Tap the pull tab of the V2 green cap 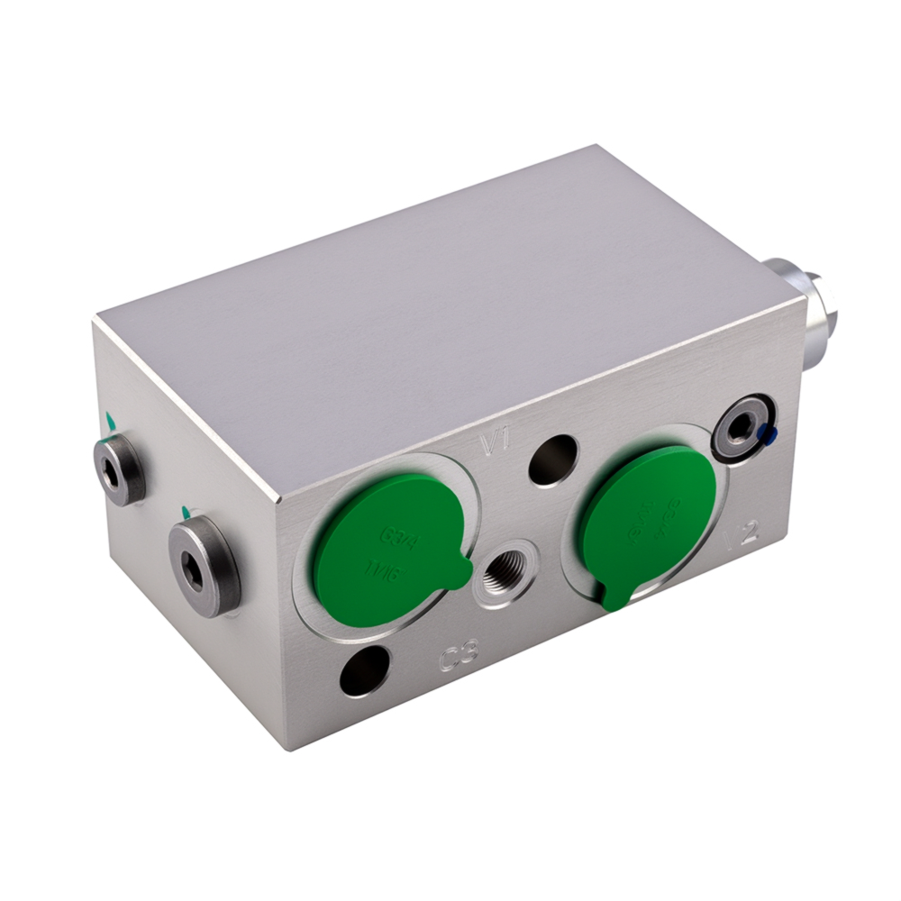(x=614, y=596)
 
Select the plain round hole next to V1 (x=553, y=459)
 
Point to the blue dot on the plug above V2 (x=767, y=435)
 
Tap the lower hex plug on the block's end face (x=204, y=565)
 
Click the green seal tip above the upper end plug (x=110, y=420)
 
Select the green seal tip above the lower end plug (x=187, y=512)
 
